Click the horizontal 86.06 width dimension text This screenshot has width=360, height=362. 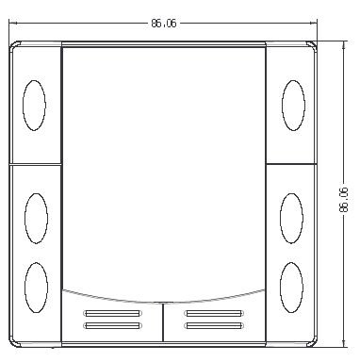[164, 24]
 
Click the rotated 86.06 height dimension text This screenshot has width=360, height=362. [344, 200]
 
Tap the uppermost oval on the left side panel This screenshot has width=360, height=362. [34, 106]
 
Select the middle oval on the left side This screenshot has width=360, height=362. [37, 219]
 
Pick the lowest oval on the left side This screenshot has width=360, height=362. [37, 288]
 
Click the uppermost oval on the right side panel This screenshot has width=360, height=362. [293, 106]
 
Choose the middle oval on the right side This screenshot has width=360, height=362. [291, 219]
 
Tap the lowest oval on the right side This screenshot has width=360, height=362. [291, 288]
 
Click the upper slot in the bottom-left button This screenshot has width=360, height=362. [112, 313]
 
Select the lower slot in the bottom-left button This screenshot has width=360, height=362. [112, 326]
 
